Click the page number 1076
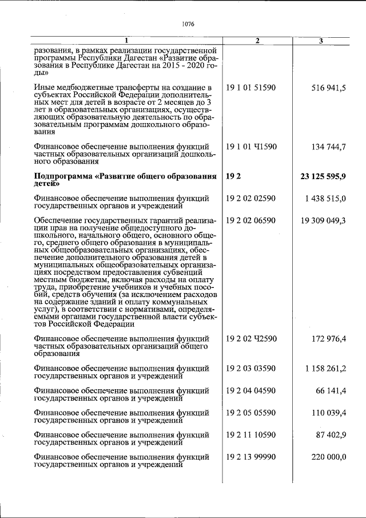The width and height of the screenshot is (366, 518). tap(188, 24)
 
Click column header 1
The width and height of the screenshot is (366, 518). tap(127, 41)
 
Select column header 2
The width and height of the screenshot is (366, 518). tap(257, 41)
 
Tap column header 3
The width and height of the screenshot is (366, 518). tap(321, 41)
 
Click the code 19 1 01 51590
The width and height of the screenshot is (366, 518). tap(251, 88)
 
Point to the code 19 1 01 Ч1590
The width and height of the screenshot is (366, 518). tap(251, 147)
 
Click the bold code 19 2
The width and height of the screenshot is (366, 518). tap(232, 176)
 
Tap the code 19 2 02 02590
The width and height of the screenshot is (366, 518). tap(251, 198)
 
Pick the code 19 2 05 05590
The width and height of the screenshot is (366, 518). tap(251, 413)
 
